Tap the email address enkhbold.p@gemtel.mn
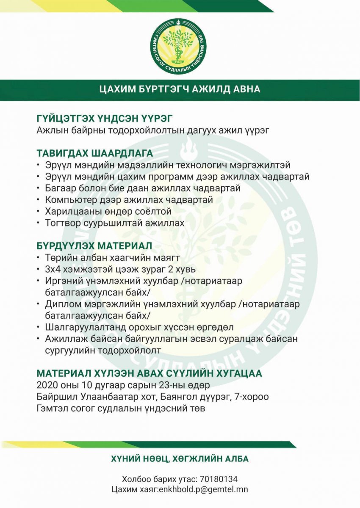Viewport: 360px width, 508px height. (x=204, y=489)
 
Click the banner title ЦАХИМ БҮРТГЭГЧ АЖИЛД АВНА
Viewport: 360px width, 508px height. (x=180, y=89)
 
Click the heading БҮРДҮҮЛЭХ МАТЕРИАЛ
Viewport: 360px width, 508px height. (x=94, y=246)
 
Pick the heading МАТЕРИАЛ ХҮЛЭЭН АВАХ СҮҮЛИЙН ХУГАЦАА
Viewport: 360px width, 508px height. (x=150, y=374)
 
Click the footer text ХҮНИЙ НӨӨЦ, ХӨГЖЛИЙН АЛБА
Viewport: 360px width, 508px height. (x=180, y=459)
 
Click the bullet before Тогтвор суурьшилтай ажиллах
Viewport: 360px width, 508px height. (x=39, y=223)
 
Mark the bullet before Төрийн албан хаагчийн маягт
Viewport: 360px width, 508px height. (x=39, y=257)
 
